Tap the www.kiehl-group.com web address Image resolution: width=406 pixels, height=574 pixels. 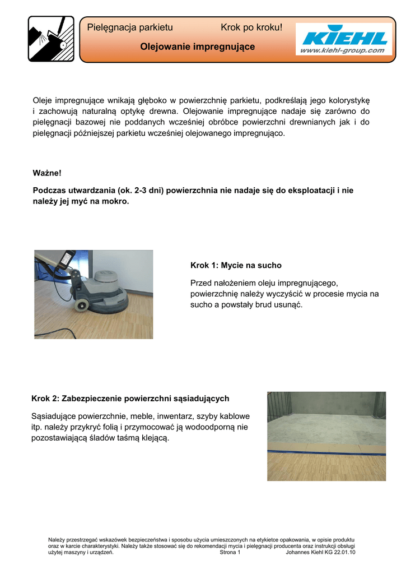(x=343, y=50)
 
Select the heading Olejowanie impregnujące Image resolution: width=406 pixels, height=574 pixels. (x=197, y=47)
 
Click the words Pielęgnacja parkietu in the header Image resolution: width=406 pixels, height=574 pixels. (x=130, y=27)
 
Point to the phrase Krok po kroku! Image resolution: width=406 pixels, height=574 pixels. (x=251, y=27)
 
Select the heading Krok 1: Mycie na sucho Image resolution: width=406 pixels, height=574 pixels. (x=236, y=265)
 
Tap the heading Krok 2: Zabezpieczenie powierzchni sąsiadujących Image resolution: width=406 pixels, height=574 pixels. (x=130, y=399)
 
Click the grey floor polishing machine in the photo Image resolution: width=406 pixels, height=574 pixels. (x=104, y=291)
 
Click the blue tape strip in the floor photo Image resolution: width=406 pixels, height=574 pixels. (x=326, y=448)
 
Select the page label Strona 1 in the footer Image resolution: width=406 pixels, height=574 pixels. (x=230, y=552)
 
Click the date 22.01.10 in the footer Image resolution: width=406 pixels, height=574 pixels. (x=345, y=552)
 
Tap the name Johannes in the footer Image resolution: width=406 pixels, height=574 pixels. (x=298, y=552)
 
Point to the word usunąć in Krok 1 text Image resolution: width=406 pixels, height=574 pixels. (x=288, y=304)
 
